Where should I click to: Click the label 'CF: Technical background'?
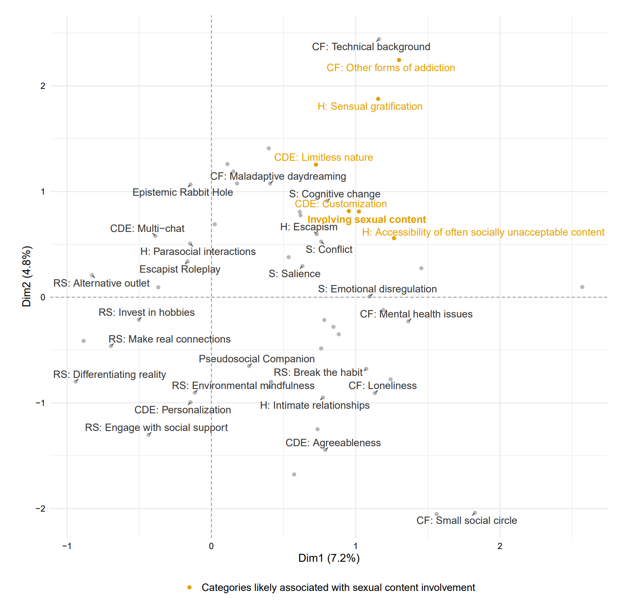(371, 47)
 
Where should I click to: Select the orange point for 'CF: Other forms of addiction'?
(399, 60)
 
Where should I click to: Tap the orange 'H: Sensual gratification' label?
(370, 107)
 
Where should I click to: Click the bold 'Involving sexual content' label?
(367, 220)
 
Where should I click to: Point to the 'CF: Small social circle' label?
(467, 521)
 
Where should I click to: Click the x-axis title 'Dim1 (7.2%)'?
(329, 558)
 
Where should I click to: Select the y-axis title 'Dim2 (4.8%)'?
(27, 276)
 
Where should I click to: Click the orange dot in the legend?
(189, 588)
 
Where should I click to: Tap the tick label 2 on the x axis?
(500, 546)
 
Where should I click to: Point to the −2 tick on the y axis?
(40, 509)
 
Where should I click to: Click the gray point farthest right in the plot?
(582, 287)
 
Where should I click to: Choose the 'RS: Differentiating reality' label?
(110, 375)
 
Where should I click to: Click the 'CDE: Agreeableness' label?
(333, 443)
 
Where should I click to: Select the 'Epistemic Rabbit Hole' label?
(182, 192)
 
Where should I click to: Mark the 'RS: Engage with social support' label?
(156, 428)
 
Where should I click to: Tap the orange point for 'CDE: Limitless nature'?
(316, 165)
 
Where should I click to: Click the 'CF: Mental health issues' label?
(416, 314)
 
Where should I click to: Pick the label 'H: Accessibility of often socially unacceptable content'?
(483, 232)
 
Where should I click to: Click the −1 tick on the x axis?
(67, 546)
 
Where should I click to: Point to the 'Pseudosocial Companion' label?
(257, 359)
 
